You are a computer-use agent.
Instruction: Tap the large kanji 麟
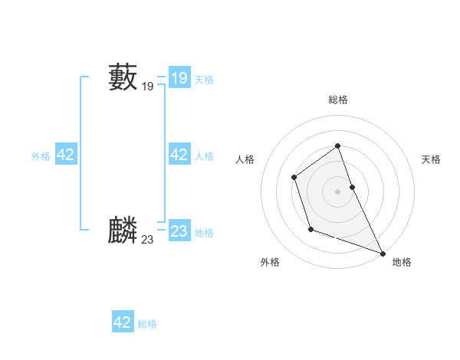tap(123, 230)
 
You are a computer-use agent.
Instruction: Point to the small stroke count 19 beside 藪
tap(147, 87)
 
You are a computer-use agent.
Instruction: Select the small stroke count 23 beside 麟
tap(147, 240)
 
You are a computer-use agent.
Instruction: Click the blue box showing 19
tap(179, 78)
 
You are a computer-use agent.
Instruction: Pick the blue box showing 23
tap(179, 231)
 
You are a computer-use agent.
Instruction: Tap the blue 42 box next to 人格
tap(179, 155)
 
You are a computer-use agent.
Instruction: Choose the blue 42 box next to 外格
tap(65, 155)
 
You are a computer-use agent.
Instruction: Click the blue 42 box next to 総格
tap(123, 322)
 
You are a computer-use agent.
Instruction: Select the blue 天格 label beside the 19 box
tap(204, 80)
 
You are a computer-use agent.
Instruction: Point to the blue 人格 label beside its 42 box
tap(204, 156)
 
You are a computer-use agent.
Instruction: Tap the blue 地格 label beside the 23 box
tap(204, 233)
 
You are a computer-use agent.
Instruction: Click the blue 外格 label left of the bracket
tap(41, 156)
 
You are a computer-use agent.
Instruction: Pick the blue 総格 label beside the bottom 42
tap(147, 324)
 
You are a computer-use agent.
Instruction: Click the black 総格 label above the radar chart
tap(337, 100)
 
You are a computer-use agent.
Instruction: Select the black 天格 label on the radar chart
tap(432, 159)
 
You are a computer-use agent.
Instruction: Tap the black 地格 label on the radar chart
tap(402, 262)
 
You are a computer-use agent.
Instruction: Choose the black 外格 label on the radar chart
tap(270, 262)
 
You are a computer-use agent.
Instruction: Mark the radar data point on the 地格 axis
tap(383, 254)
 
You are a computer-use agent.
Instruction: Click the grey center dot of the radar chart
tap(337, 191)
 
